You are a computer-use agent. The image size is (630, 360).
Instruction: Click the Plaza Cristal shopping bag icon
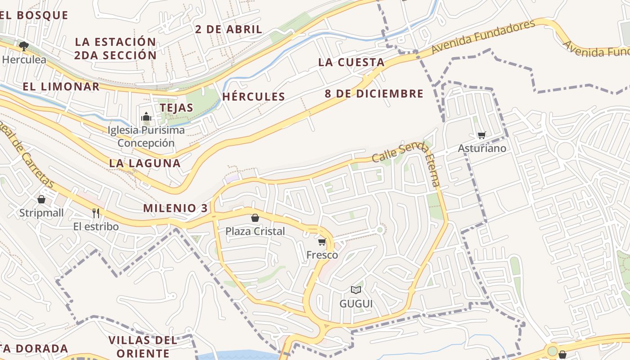pos(255,218)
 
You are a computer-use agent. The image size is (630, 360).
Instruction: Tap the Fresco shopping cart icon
pos(322,242)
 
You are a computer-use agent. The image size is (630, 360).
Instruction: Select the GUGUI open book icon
pos(356,290)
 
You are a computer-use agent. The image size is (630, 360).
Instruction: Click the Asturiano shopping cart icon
pos(482,135)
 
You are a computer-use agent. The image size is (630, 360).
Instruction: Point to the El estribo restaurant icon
pos(96,213)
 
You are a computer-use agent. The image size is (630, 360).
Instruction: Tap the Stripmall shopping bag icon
pos(41,199)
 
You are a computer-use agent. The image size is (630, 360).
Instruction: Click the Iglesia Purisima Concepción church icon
pos(146,117)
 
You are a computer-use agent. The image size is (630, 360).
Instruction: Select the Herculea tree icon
pos(23,46)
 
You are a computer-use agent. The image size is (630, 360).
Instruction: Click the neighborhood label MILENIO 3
pos(175,208)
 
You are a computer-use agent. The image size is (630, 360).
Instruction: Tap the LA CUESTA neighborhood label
pos(351,63)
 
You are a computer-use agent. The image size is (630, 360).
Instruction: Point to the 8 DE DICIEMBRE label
pos(374,94)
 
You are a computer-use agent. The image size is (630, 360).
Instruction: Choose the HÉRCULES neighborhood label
pos(254,97)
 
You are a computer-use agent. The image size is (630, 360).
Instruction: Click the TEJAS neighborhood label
pos(176,108)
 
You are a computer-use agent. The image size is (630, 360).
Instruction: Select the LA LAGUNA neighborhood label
pos(144,163)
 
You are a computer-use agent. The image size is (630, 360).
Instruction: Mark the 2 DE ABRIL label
pos(229,30)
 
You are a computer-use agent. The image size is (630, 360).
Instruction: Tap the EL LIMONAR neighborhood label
pos(61,86)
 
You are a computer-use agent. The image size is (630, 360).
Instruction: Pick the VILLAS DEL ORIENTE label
pos(143,346)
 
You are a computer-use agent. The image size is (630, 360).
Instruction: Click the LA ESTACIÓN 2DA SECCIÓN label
pos(116,49)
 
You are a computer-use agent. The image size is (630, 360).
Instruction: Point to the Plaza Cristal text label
pos(255,231)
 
